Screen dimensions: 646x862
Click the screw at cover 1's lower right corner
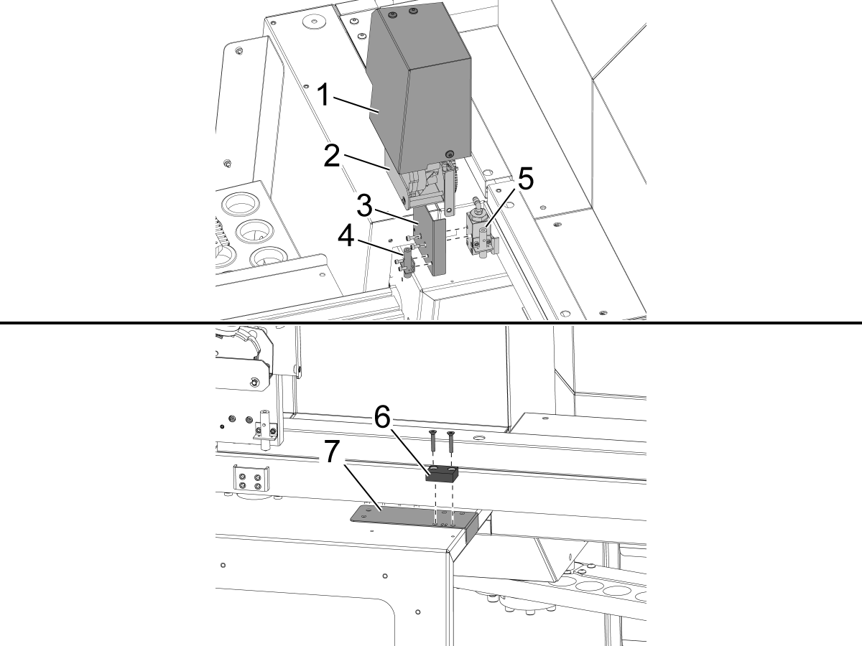click(x=450, y=152)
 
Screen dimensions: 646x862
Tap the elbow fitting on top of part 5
click(x=476, y=202)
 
